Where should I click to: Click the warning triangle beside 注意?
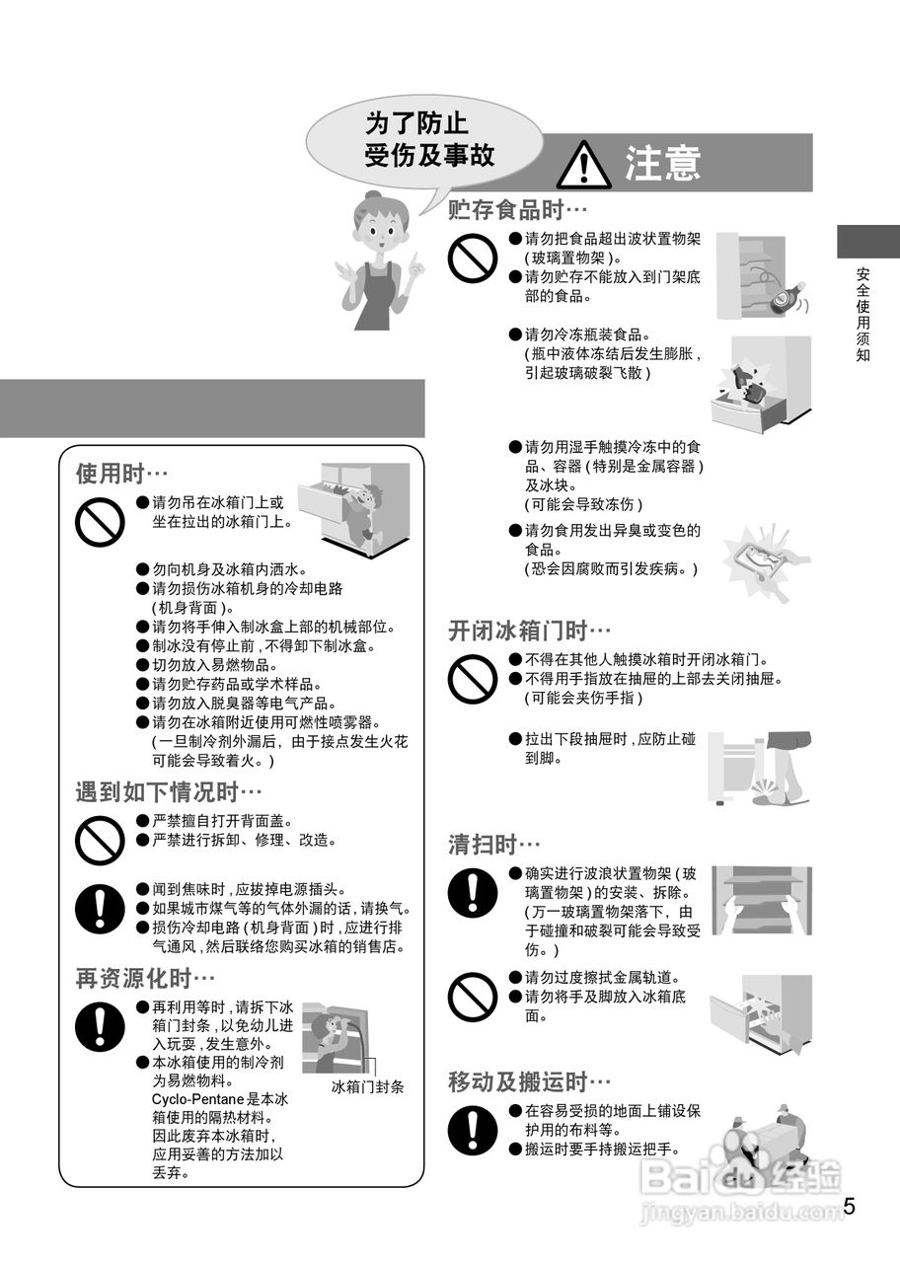583,164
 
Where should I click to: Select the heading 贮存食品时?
517,210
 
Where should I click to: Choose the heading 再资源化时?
145,978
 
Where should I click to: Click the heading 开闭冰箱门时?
529,630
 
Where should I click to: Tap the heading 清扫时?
494,845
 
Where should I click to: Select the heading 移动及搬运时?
529,1081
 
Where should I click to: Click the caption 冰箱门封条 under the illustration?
367,1087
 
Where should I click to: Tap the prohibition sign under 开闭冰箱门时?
473,678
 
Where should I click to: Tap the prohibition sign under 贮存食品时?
473,259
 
